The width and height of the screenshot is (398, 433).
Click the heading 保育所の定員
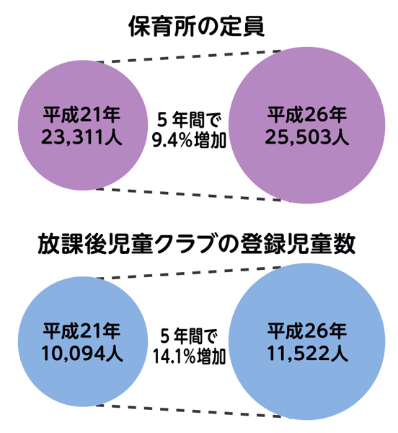[x=196, y=27]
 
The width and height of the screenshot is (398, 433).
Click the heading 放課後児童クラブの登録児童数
[x=196, y=244]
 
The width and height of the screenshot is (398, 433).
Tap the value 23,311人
[x=81, y=138]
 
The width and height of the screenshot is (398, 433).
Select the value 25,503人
[x=306, y=138]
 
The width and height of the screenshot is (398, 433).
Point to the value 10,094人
[x=82, y=354]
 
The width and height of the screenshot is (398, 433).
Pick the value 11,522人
[x=307, y=354]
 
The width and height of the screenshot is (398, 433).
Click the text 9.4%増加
[x=189, y=140]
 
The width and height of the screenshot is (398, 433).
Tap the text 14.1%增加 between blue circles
[x=189, y=357]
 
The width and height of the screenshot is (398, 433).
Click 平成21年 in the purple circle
[x=81, y=115]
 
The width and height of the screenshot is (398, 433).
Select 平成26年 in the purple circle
[x=306, y=115]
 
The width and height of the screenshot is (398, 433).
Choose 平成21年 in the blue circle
[x=81, y=331]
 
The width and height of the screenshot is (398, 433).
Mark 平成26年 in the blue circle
[x=306, y=331]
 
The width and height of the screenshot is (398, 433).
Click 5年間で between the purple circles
[x=189, y=121]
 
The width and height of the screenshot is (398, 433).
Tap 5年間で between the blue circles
[x=189, y=337]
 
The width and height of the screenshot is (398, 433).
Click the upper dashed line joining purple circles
[x=188, y=56]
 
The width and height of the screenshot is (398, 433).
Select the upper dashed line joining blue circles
[x=188, y=273]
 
